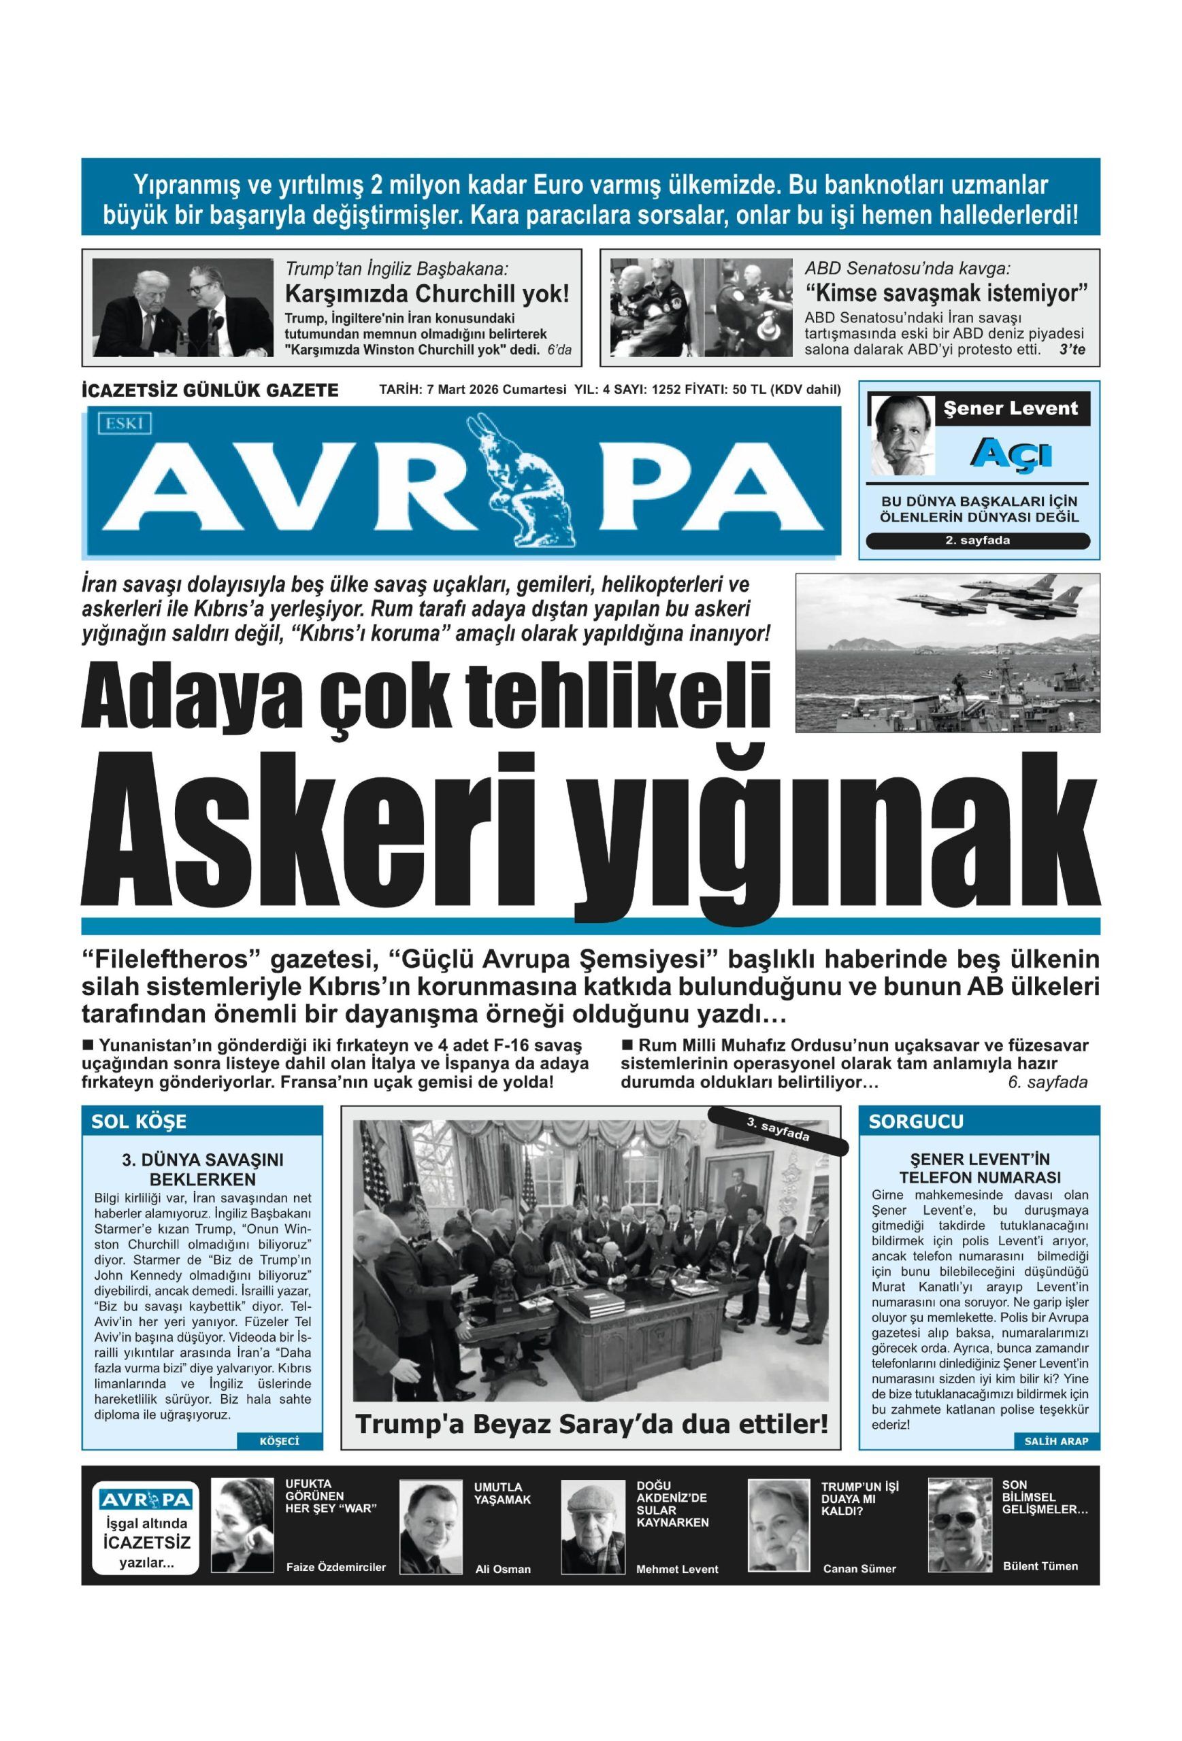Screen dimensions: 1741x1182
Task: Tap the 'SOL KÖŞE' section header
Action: (139, 1121)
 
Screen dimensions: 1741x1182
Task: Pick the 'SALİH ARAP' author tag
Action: (1055, 1440)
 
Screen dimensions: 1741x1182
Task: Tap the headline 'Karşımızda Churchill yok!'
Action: (427, 293)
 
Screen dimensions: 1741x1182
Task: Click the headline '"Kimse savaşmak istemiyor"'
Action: (946, 292)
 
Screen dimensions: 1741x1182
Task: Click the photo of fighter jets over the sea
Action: (947, 642)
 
